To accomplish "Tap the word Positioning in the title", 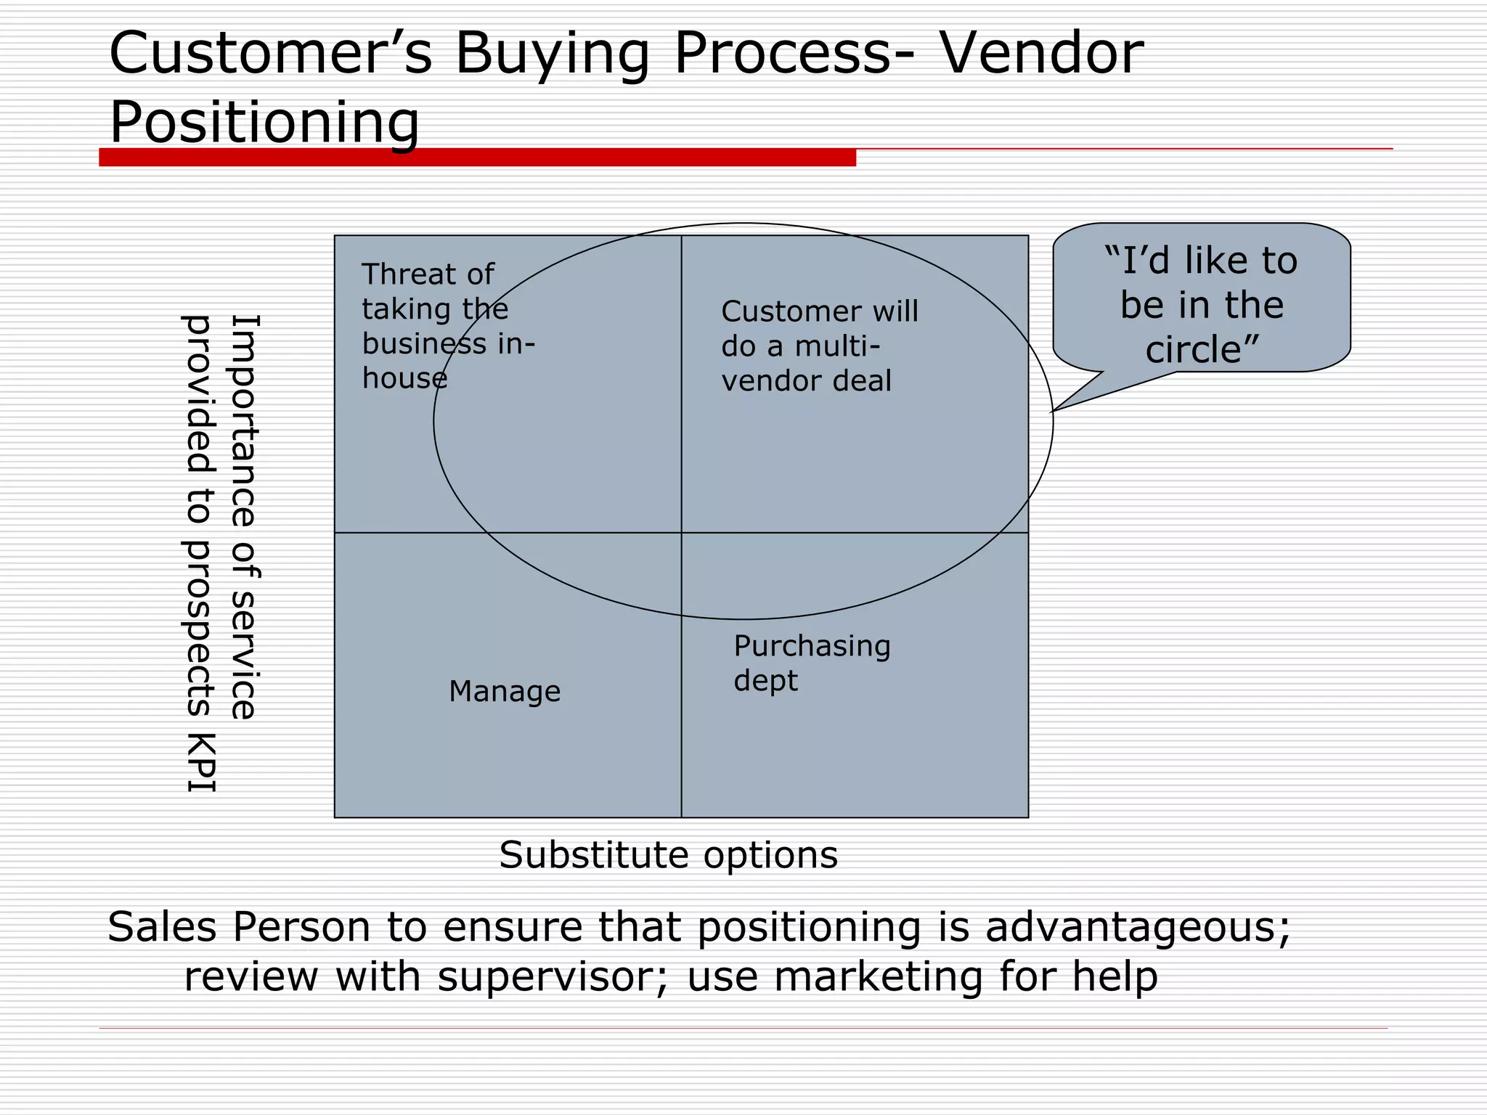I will (x=264, y=122).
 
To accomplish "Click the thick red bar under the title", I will (x=477, y=158).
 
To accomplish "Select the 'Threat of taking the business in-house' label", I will (x=447, y=326).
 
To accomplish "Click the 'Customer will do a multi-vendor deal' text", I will (x=819, y=346).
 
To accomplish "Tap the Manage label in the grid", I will (x=505, y=691).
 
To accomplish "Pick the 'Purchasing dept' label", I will (x=811, y=663).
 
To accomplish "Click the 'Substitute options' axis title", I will (x=668, y=854).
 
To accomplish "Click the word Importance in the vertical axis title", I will (x=245, y=420).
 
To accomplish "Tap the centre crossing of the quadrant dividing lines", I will (x=681, y=533).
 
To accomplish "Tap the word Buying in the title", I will (x=552, y=54).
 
